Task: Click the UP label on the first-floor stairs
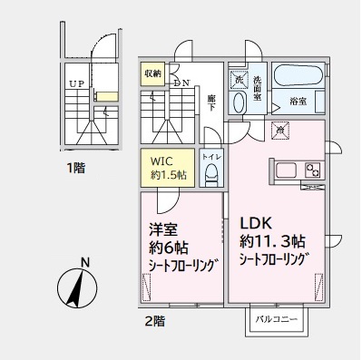tap(77, 84)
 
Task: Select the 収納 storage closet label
tap(152, 73)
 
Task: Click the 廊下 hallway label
tap(211, 102)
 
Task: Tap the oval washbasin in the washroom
tap(238, 102)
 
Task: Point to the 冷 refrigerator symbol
tap(281, 131)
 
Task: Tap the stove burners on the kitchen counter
tap(312, 170)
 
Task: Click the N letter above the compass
tap(85, 264)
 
